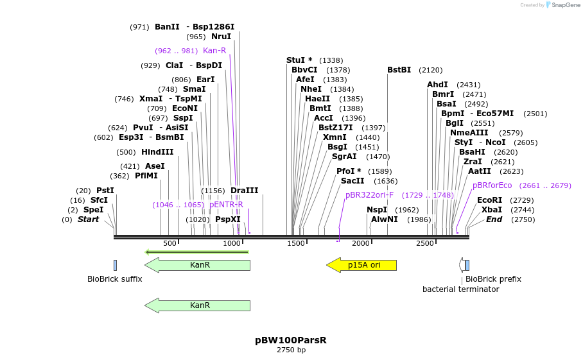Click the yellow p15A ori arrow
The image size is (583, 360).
(x=361, y=265)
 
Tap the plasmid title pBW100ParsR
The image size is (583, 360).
(x=291, y=340)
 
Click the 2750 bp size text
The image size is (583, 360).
(x=291, y=350)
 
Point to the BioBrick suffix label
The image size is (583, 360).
(x=115, y=279)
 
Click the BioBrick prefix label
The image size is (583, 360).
(x=493, y=279)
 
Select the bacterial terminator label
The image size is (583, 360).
(x=460, y=289)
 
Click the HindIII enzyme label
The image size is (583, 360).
(x=157, y=152)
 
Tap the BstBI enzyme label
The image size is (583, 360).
(x=399, y=70)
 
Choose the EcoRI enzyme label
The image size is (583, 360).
(x=489, y=200)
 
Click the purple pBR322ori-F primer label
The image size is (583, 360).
(x=369, y=194)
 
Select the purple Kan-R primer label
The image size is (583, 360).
(x=214, y=51)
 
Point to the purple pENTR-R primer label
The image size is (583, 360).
(x=226, y=205)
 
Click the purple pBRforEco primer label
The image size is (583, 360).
(x=492, y=185)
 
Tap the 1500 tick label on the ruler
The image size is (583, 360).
(x=296, y=244)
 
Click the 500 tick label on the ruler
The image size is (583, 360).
(x=170, y=244)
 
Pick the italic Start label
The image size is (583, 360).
(x=89, y=219)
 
